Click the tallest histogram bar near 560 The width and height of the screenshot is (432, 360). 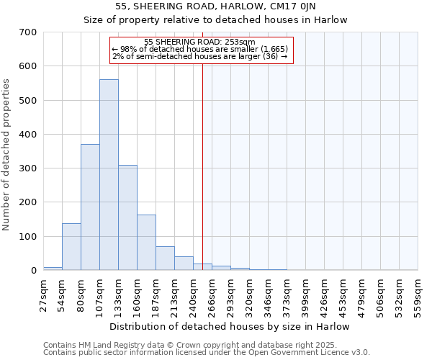tap(109, 175)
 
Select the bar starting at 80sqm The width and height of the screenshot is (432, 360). tap(90, 207)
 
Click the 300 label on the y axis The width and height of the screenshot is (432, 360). tap(28, 168)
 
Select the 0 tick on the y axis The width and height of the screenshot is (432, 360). tap(33, 271)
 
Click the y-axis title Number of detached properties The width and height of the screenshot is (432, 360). tap(6, 155)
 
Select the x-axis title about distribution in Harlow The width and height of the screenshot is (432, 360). tap(230, 326)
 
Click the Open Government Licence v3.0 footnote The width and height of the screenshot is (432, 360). tap(207, 353)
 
